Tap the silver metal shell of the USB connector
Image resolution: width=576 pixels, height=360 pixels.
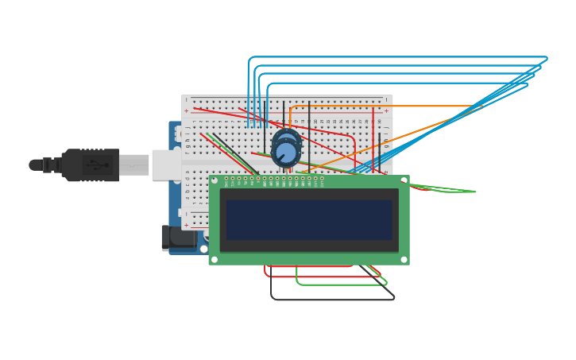click(x=134, y=165)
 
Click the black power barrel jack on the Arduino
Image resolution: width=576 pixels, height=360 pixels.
click(x=176, y=238)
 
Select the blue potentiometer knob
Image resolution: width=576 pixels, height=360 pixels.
click(x=286, y=151)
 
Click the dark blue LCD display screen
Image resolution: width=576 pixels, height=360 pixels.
click(x=309, y=219)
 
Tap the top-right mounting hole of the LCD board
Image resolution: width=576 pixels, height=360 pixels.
click(x=404, y=181)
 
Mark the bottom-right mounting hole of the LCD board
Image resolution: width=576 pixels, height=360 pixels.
click(x=404, y=259)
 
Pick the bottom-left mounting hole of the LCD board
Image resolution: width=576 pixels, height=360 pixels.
click(x=215, y=259)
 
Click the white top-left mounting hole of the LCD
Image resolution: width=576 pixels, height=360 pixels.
click(x=215, y=181)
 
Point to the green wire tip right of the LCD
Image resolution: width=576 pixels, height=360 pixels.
click(x=474, y=192)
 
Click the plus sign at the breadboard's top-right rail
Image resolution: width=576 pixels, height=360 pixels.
click(x=386, y=110)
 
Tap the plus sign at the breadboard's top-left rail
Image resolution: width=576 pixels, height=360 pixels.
click(x=187, y=110)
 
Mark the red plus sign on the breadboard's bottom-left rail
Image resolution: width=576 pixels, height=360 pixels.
click(x=187, y=225)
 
